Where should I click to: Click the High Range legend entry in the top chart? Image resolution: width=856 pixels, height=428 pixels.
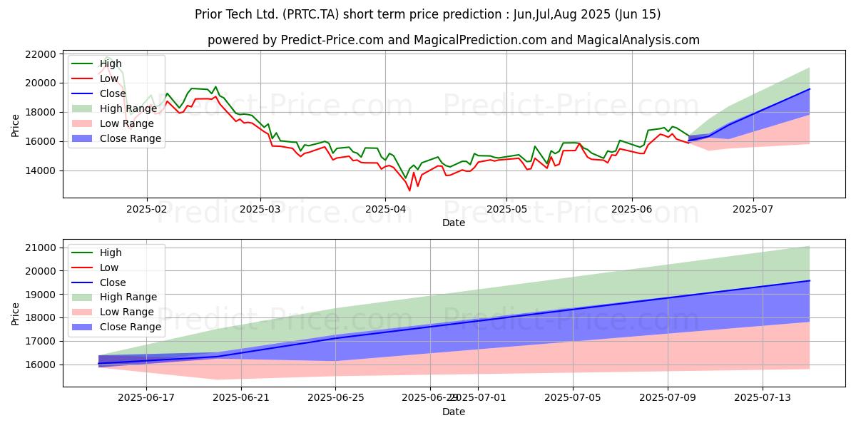[x=127, y=108]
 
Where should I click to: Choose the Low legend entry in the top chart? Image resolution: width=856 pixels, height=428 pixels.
[x=111, y=78]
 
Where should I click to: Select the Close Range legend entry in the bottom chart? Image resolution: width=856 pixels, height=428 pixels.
[x=130, y=327]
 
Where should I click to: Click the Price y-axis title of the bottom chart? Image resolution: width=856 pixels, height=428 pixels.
[x=16, y=312]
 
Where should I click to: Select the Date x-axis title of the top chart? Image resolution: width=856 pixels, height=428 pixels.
[x=453, y=223]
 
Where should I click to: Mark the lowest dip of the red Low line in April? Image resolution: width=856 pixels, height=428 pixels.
[x=409, y=190]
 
